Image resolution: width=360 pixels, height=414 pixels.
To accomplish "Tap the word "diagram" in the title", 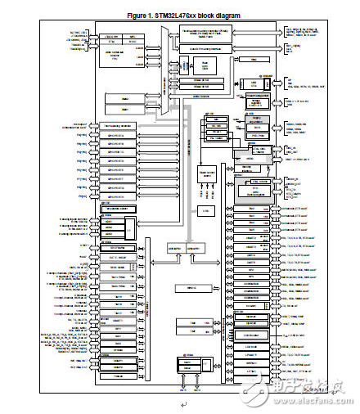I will point(227,16).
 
